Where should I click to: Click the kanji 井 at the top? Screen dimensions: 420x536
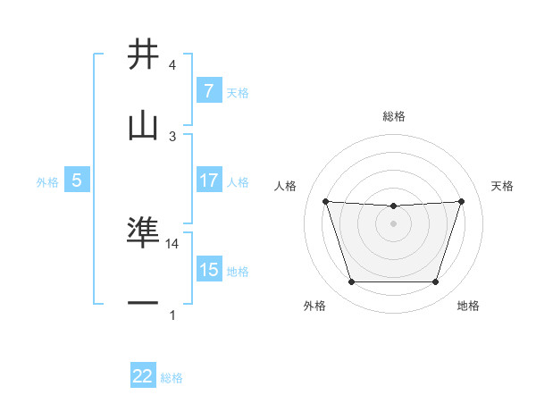(x=143, y=55)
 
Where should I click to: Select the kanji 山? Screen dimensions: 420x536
(x=143, y=126)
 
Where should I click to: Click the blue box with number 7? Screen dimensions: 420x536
(x=208, y=90)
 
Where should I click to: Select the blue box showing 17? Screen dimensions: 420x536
(x=208, y=181)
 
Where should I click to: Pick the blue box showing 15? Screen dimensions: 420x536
(x=208, y=270)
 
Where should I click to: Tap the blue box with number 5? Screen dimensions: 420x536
(x=77, y=181)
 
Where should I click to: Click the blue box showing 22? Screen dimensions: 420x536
(x=143, y=376)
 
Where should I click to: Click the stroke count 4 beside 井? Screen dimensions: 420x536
(x=172, y=65)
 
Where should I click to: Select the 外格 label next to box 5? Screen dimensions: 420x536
(x=47, y=181)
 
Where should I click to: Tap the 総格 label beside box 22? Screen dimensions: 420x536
(x=172, y=378)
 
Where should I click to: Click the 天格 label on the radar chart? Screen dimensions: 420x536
(x=502, y=186)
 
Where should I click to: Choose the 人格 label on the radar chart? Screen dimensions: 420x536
(x=286, y=186)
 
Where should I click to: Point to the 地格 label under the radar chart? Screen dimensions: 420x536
(x=468, y=306)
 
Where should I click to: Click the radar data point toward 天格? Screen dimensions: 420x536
(x=461, y=201)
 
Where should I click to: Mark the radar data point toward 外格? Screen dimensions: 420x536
(x=351, y=282)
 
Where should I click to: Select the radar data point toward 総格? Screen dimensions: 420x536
(x=393, y=206)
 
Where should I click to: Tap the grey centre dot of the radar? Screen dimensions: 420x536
(x=393, y=223)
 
